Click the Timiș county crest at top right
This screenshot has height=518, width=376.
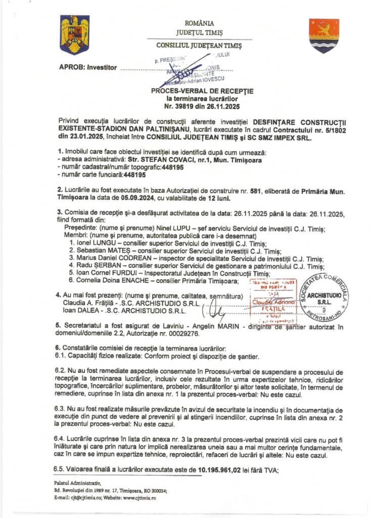(324, 35)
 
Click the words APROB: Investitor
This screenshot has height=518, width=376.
(88, 67)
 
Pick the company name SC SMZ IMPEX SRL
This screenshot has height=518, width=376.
(280, 137)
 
